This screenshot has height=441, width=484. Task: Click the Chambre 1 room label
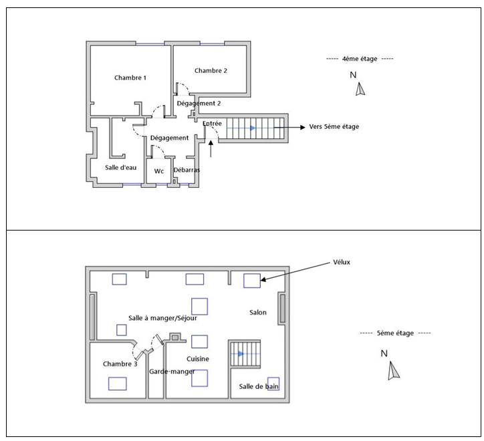pos(130,78)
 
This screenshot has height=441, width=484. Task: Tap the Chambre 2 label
pos(211,71)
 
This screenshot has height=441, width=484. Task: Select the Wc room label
pos(159,171)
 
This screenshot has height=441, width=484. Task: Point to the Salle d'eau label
pos(121,168)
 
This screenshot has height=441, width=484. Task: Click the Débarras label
pos(187,170)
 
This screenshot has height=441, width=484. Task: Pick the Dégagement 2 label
pos(199,104)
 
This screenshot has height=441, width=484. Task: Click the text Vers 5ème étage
pos(334,126)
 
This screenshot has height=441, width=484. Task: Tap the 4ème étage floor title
pos(360,59)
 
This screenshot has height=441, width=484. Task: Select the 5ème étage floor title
pos(395,333)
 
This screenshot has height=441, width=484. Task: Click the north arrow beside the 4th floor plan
pos(360,89)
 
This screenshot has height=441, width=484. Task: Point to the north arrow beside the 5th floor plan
pos(394,370)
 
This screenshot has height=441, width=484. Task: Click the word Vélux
pos(342,263)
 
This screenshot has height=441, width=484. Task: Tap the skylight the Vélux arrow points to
pos(252,281)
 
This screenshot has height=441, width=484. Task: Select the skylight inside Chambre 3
pos(117,384)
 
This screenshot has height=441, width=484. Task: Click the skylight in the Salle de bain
pos(273,384)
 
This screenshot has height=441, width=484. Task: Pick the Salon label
pos(258,312)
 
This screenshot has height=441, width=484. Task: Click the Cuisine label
pos(198,359)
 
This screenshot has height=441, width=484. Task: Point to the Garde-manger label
pos(172,372)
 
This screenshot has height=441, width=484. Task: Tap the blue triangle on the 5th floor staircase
pos(241,353)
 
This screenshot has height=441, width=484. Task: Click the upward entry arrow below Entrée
pos(211,149)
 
